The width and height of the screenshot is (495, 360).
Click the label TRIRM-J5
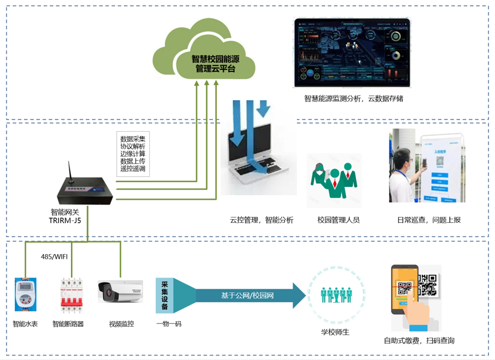pos(65,220)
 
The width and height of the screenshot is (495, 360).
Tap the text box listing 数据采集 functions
pos(133,153)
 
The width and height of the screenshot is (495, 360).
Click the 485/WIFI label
pos(54,256)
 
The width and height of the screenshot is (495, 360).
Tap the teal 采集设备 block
pos(165,295)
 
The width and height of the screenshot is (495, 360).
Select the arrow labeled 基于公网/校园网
pos(249,295)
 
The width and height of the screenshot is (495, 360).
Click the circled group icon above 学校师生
pos(336,295)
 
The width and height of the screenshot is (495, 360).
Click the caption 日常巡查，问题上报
pos(429,220)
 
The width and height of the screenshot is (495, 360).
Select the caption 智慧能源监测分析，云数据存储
pos(354,98)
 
